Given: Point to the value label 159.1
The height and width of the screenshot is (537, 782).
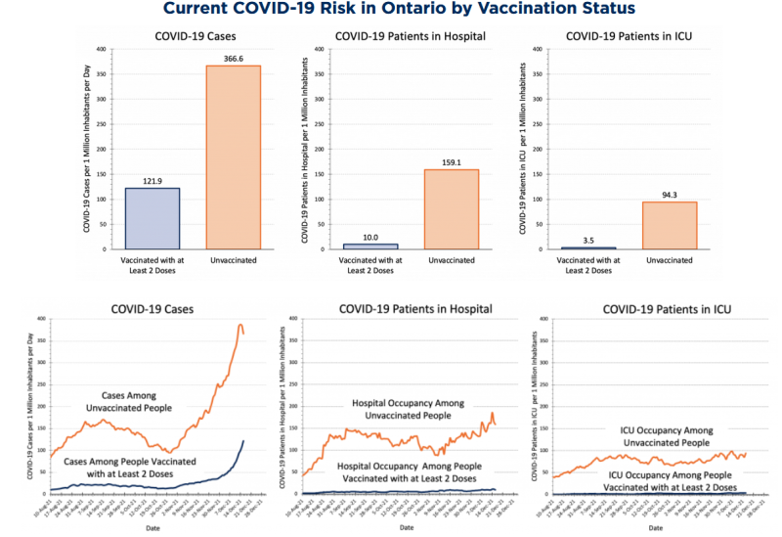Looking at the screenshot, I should (x=452, y=161).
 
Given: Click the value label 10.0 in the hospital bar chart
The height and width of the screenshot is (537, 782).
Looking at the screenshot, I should (x=369, y=236).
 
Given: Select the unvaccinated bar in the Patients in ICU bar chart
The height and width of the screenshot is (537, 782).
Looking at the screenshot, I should (x=670, y=225).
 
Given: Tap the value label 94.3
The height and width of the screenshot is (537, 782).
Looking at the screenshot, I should (x=670, y=193).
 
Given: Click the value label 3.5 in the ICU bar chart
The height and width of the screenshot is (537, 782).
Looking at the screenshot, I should (x=588, y=239).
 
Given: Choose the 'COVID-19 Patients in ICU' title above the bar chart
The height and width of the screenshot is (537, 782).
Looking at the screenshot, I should (x=629, y=36).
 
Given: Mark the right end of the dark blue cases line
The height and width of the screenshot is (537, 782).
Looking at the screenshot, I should (x=243, y=441).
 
